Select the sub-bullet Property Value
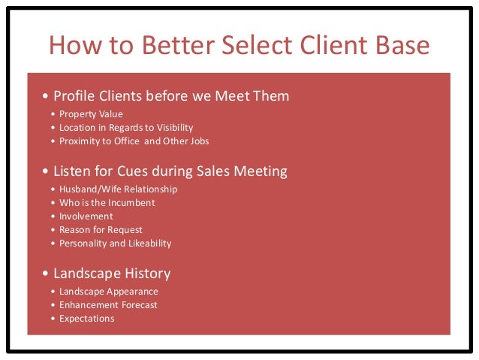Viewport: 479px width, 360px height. (91, 114)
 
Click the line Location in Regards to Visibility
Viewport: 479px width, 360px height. (120, 128)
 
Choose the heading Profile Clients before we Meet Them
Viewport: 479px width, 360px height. (170, 96)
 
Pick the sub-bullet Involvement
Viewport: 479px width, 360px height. (86, 216)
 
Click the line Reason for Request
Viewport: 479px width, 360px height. (101, 229)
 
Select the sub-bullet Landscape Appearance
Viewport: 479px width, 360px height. (108, 291)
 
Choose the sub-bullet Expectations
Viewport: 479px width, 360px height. (86, 318)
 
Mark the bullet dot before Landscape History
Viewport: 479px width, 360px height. (46, 274)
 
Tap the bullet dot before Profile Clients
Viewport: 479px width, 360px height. (46, 97)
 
